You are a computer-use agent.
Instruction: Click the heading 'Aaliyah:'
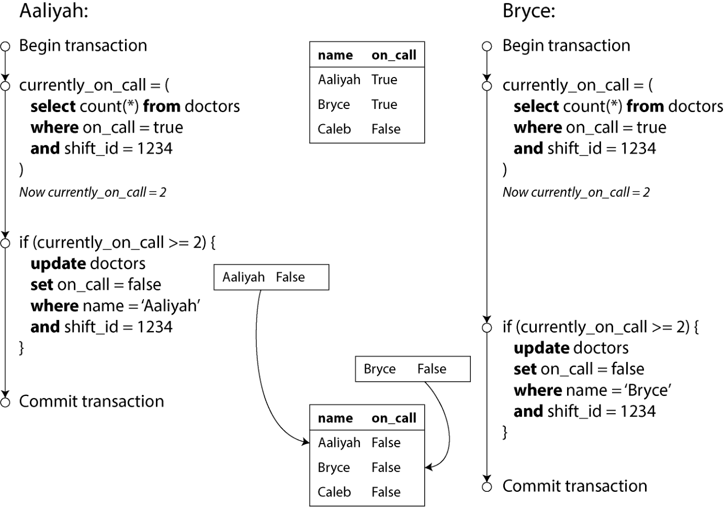[54, 12]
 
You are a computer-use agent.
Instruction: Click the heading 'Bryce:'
[529, 12]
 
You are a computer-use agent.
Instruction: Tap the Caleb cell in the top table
[334, 129]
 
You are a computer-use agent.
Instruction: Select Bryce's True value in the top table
[384, 105]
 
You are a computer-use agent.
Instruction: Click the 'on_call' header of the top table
[394, 56]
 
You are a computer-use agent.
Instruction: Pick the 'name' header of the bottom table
[335, 418]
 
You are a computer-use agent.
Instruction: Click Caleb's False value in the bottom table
[386, 492]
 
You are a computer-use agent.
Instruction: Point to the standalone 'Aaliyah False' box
[271, 277]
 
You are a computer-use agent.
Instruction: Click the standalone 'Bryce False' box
[413, 369]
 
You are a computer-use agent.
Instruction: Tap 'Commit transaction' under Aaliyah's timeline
[92, 402]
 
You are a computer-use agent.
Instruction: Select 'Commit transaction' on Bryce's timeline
[575, 486]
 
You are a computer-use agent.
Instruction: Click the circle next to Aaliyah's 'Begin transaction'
[5, 46]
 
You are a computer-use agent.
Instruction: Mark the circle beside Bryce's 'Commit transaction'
[487, 487]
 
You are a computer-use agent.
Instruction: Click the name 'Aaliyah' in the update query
[172, 306]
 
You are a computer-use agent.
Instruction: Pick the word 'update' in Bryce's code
[542, 348]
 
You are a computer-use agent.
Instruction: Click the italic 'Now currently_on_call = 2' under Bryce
[576, 192]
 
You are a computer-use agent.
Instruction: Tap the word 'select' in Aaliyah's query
[53, 106]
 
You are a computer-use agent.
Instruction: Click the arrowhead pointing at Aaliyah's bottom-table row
[306, 442]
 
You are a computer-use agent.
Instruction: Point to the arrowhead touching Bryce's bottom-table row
[429, 467]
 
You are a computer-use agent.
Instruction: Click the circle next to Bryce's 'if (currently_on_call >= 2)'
[487, 328]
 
